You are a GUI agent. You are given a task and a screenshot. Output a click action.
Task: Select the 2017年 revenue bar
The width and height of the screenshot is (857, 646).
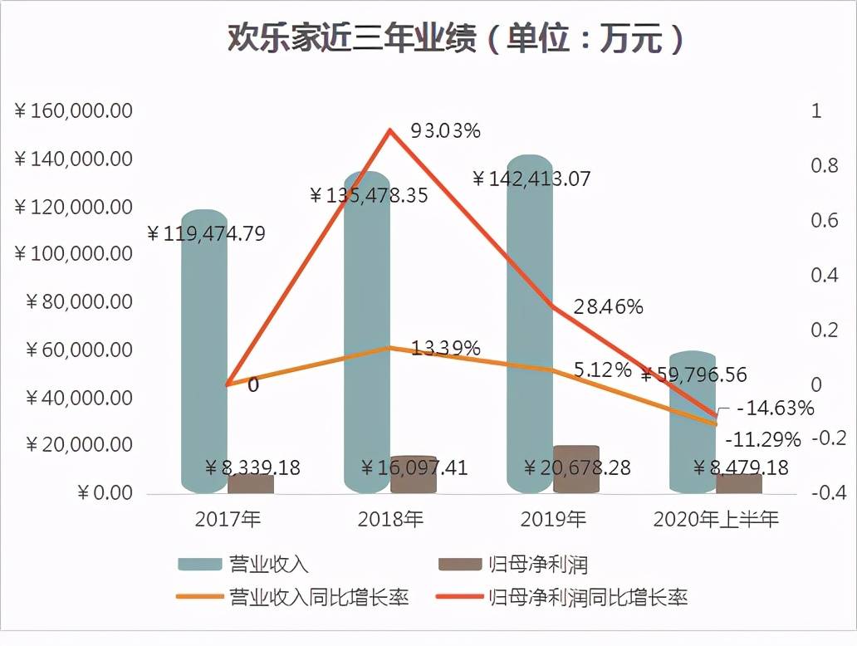tap(204, 349)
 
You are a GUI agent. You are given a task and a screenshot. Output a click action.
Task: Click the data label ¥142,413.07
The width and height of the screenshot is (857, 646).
tap(531, 179)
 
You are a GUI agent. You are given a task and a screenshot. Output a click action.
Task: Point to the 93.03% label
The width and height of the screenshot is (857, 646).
tap(446, 130)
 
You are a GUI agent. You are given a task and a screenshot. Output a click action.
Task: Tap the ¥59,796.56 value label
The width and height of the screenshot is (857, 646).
tap(693, 374)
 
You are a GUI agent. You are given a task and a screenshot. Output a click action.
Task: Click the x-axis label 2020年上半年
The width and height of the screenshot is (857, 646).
tap(716, 520)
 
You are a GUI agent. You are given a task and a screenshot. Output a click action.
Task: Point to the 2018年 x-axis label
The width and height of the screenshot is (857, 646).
tap(390, 520)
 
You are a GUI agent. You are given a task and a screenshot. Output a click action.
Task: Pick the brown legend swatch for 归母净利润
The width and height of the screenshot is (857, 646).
tap(459, 565)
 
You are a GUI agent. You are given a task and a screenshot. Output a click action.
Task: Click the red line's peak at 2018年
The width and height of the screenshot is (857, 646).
tap(389, 130)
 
